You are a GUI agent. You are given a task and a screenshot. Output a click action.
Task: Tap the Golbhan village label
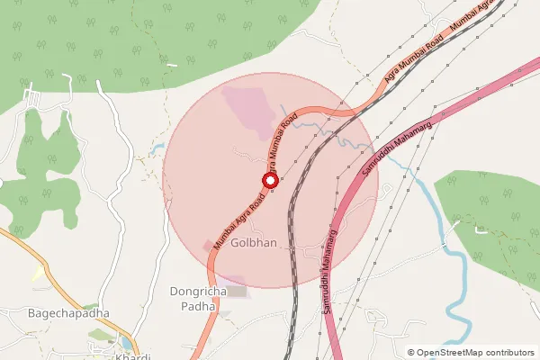(254, 244)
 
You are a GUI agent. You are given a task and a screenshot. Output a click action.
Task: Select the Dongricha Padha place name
(193, 299)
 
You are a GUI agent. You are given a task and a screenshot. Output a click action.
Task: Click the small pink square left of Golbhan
(209, 245)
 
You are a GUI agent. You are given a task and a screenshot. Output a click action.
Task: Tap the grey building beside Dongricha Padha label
(237, 291)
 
